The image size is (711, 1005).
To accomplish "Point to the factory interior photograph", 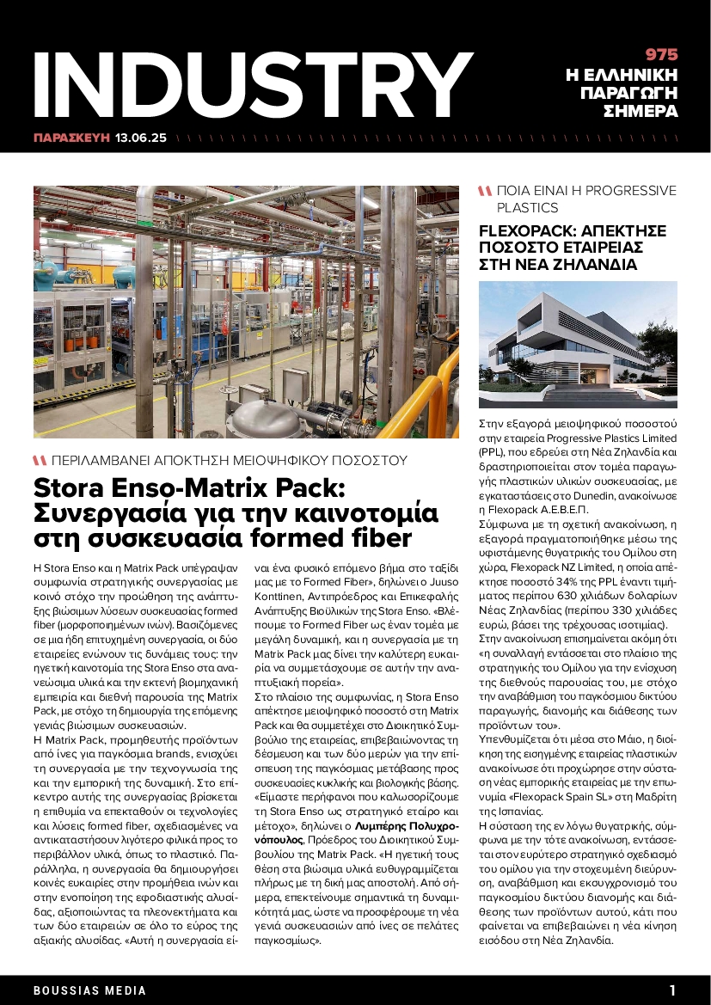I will click(x=246, y=311).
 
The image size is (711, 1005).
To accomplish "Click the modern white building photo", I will click(x=578, y=344).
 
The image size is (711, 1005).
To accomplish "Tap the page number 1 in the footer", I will click(x=672, y=990).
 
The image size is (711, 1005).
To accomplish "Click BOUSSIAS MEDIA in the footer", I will click(x=90, y=990).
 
